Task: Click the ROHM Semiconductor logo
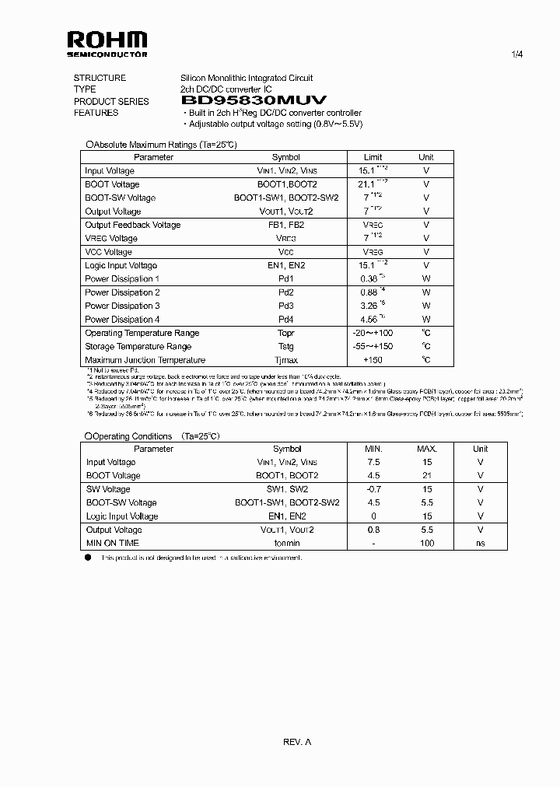click(x=107, y=43)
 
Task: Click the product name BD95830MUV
click(x=254, y=101)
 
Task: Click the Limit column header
click(x=373, y=157)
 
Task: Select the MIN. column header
click(x=374, y=449)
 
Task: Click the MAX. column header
click(x=427, y=449)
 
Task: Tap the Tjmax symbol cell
click(x=286, y=360)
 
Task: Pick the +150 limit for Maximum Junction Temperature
click(x=373, y=360)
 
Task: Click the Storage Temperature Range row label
click(x=138, y=347)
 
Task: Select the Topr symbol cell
click(x=286, y=333)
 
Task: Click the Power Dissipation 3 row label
click(x=122, y=306)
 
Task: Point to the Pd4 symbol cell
click(x=286, y=320)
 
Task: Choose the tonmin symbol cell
click(x=287, y=543)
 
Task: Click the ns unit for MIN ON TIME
click(x=480, y=543)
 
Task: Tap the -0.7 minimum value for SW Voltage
click(x=374, y=489)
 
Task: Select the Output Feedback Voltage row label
click(x=132, y=225)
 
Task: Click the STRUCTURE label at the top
click(x=100, y=78)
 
